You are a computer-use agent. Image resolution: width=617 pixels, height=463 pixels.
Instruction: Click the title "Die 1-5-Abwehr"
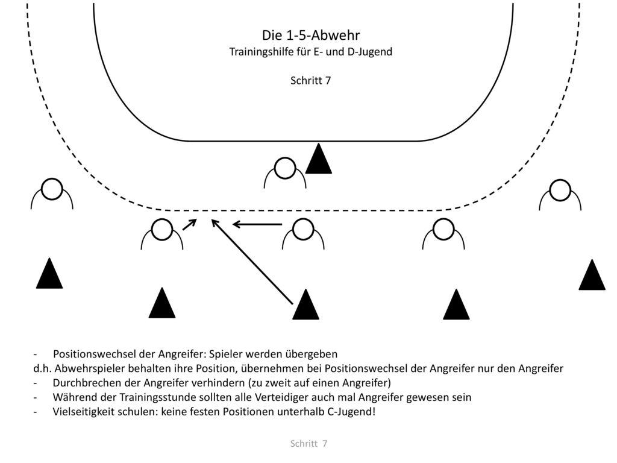click(x=311, y=35)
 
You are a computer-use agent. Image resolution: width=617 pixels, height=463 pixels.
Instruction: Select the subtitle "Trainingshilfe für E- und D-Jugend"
click(x=311, y=52)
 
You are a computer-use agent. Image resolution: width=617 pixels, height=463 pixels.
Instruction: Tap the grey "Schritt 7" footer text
click(x=308, y=443)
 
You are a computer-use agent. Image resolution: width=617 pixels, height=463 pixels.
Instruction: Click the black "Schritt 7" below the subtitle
click(x=310, y=80)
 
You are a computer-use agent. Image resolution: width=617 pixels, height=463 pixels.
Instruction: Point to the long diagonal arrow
click(x=252, y=262)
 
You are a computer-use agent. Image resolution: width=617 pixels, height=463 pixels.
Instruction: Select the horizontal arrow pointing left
click(x=257, y=224)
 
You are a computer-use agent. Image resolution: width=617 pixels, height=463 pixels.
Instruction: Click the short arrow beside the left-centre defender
click(x=189, y=224)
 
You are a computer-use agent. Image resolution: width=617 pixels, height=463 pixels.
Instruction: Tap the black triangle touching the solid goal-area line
click(x=319, y=159)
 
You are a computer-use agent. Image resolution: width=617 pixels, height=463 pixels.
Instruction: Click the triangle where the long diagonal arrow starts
click(x=305, y=304)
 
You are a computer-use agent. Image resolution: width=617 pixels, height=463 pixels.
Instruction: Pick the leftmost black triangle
click(x=49, y=274)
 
